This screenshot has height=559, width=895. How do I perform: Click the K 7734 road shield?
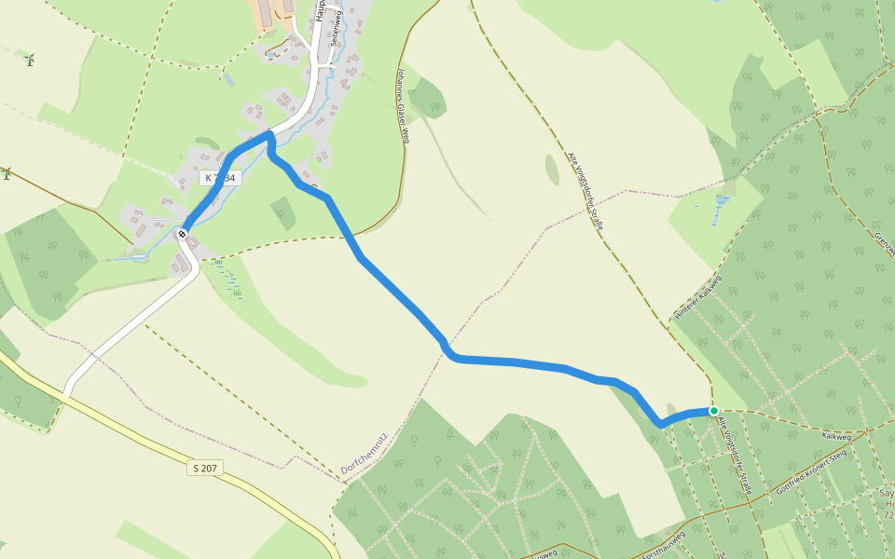[221, 177]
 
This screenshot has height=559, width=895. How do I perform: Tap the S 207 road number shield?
[205, 467]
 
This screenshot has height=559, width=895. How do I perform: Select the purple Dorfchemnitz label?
[364, 454]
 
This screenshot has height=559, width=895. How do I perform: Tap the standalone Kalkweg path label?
[836, 436]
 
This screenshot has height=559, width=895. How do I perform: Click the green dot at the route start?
[713, 411]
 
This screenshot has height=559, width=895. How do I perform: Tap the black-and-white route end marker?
[183, 233]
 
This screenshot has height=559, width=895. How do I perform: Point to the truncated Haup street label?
[320, 10]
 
